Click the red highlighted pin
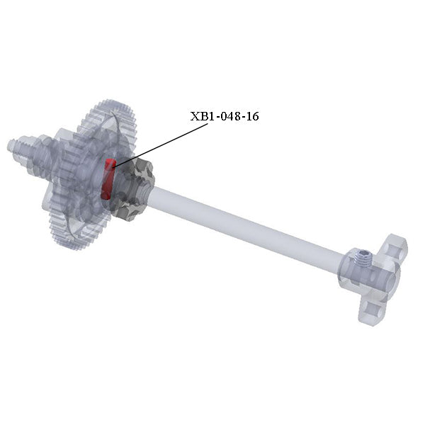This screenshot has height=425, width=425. click(x=108, y=179)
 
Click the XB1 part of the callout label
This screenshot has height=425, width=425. click(x=202, y=116)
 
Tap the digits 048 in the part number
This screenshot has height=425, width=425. click(x=230, y=116)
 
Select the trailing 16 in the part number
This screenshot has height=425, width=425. click(x=251, y=116)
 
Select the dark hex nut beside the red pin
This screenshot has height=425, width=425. click(x=135, y=188)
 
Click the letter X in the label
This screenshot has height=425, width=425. click(x=195, y=116)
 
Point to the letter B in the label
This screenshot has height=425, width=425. click(x=203, y=116)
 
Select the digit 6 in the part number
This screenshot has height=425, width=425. click(x=255, y=116)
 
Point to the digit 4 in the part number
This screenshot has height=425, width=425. click(x=230, y=116)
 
